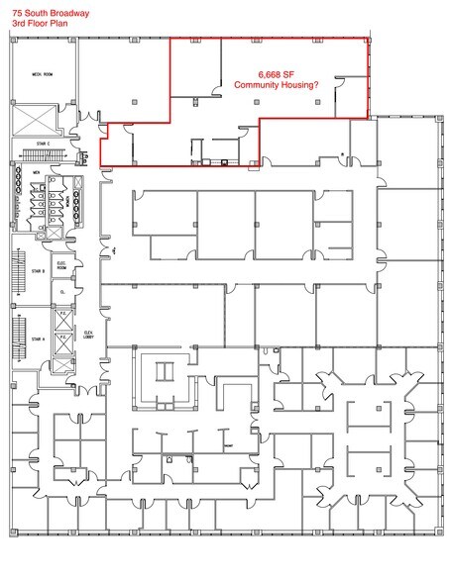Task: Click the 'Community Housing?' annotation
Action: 278,87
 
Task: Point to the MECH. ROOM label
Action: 41,74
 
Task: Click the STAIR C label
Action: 41,143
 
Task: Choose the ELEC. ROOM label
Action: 61,265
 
